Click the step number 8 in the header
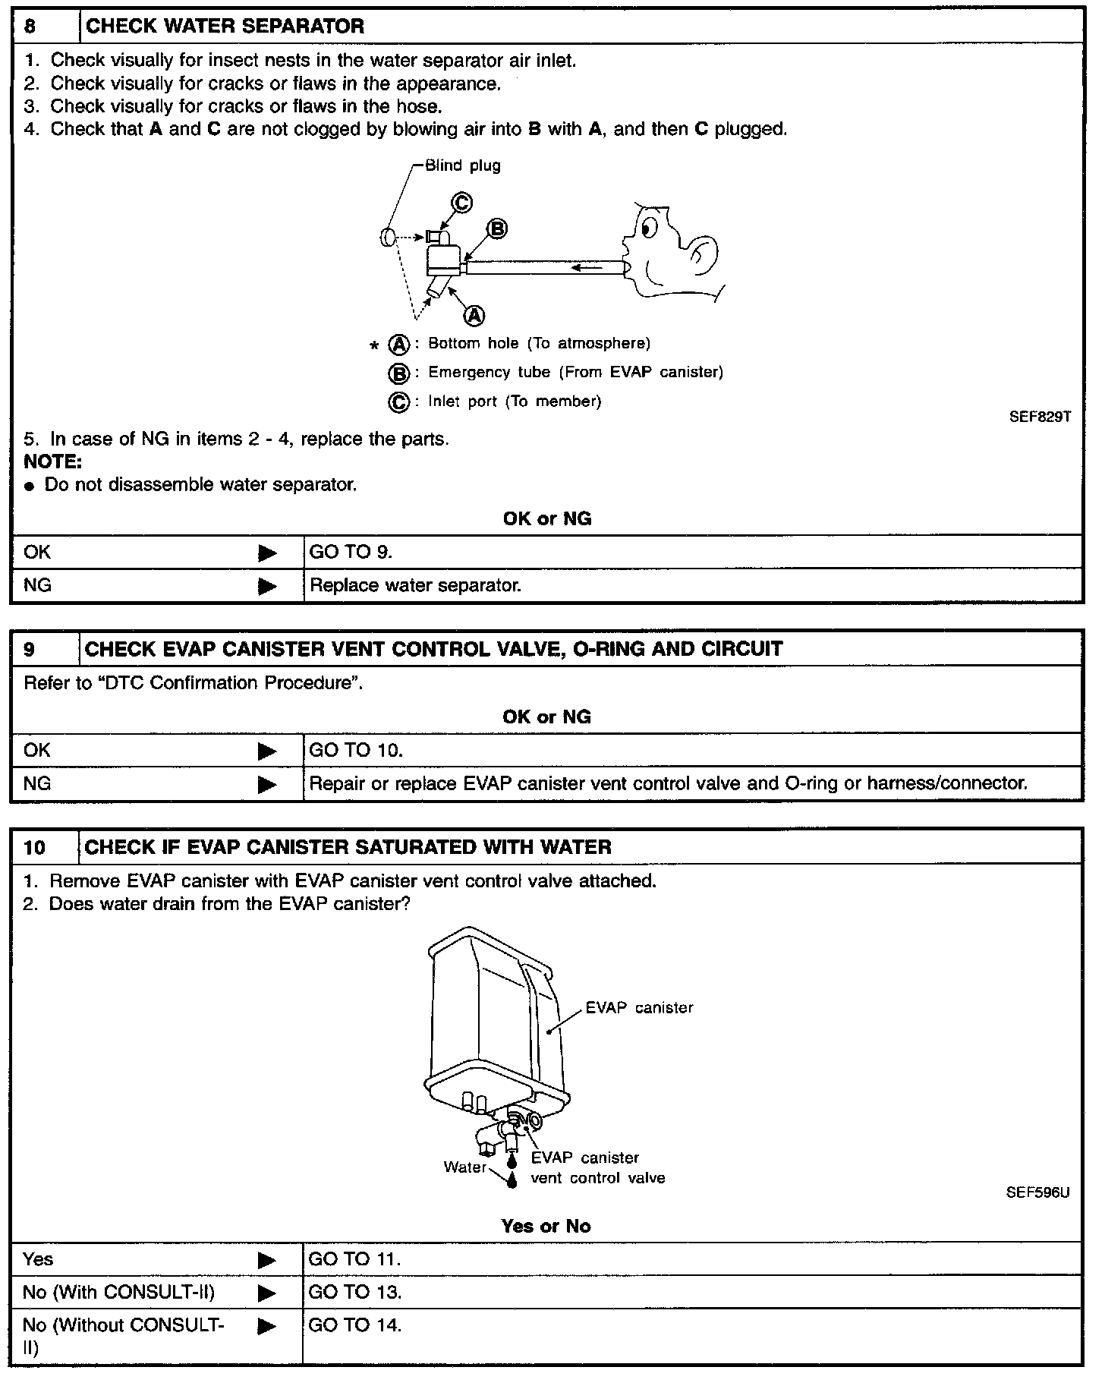(x=30, y=27)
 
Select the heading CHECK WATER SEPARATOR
(x=225, y=27)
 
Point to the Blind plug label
(x=462, y=165)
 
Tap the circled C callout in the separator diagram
(x=461, y=203)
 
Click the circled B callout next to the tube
(x=497, y=228)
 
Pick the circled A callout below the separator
(x=474, y=315)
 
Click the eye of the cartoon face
(x=648, y=225)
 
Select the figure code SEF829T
(x=1039, y=417)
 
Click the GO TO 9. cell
(x=351, y=552)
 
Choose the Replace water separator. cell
(x=415, y=585)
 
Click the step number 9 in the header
(x=30, y=649)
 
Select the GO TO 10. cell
(x=355, y=750)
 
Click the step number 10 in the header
(x=34, y=847)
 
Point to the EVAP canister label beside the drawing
(x=639, y=1007)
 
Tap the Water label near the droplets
(x=464, y=1167)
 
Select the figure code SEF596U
(x=1037, y=1192)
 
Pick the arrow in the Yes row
(x=267, y=1260)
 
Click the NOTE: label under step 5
(x=52, y=461)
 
